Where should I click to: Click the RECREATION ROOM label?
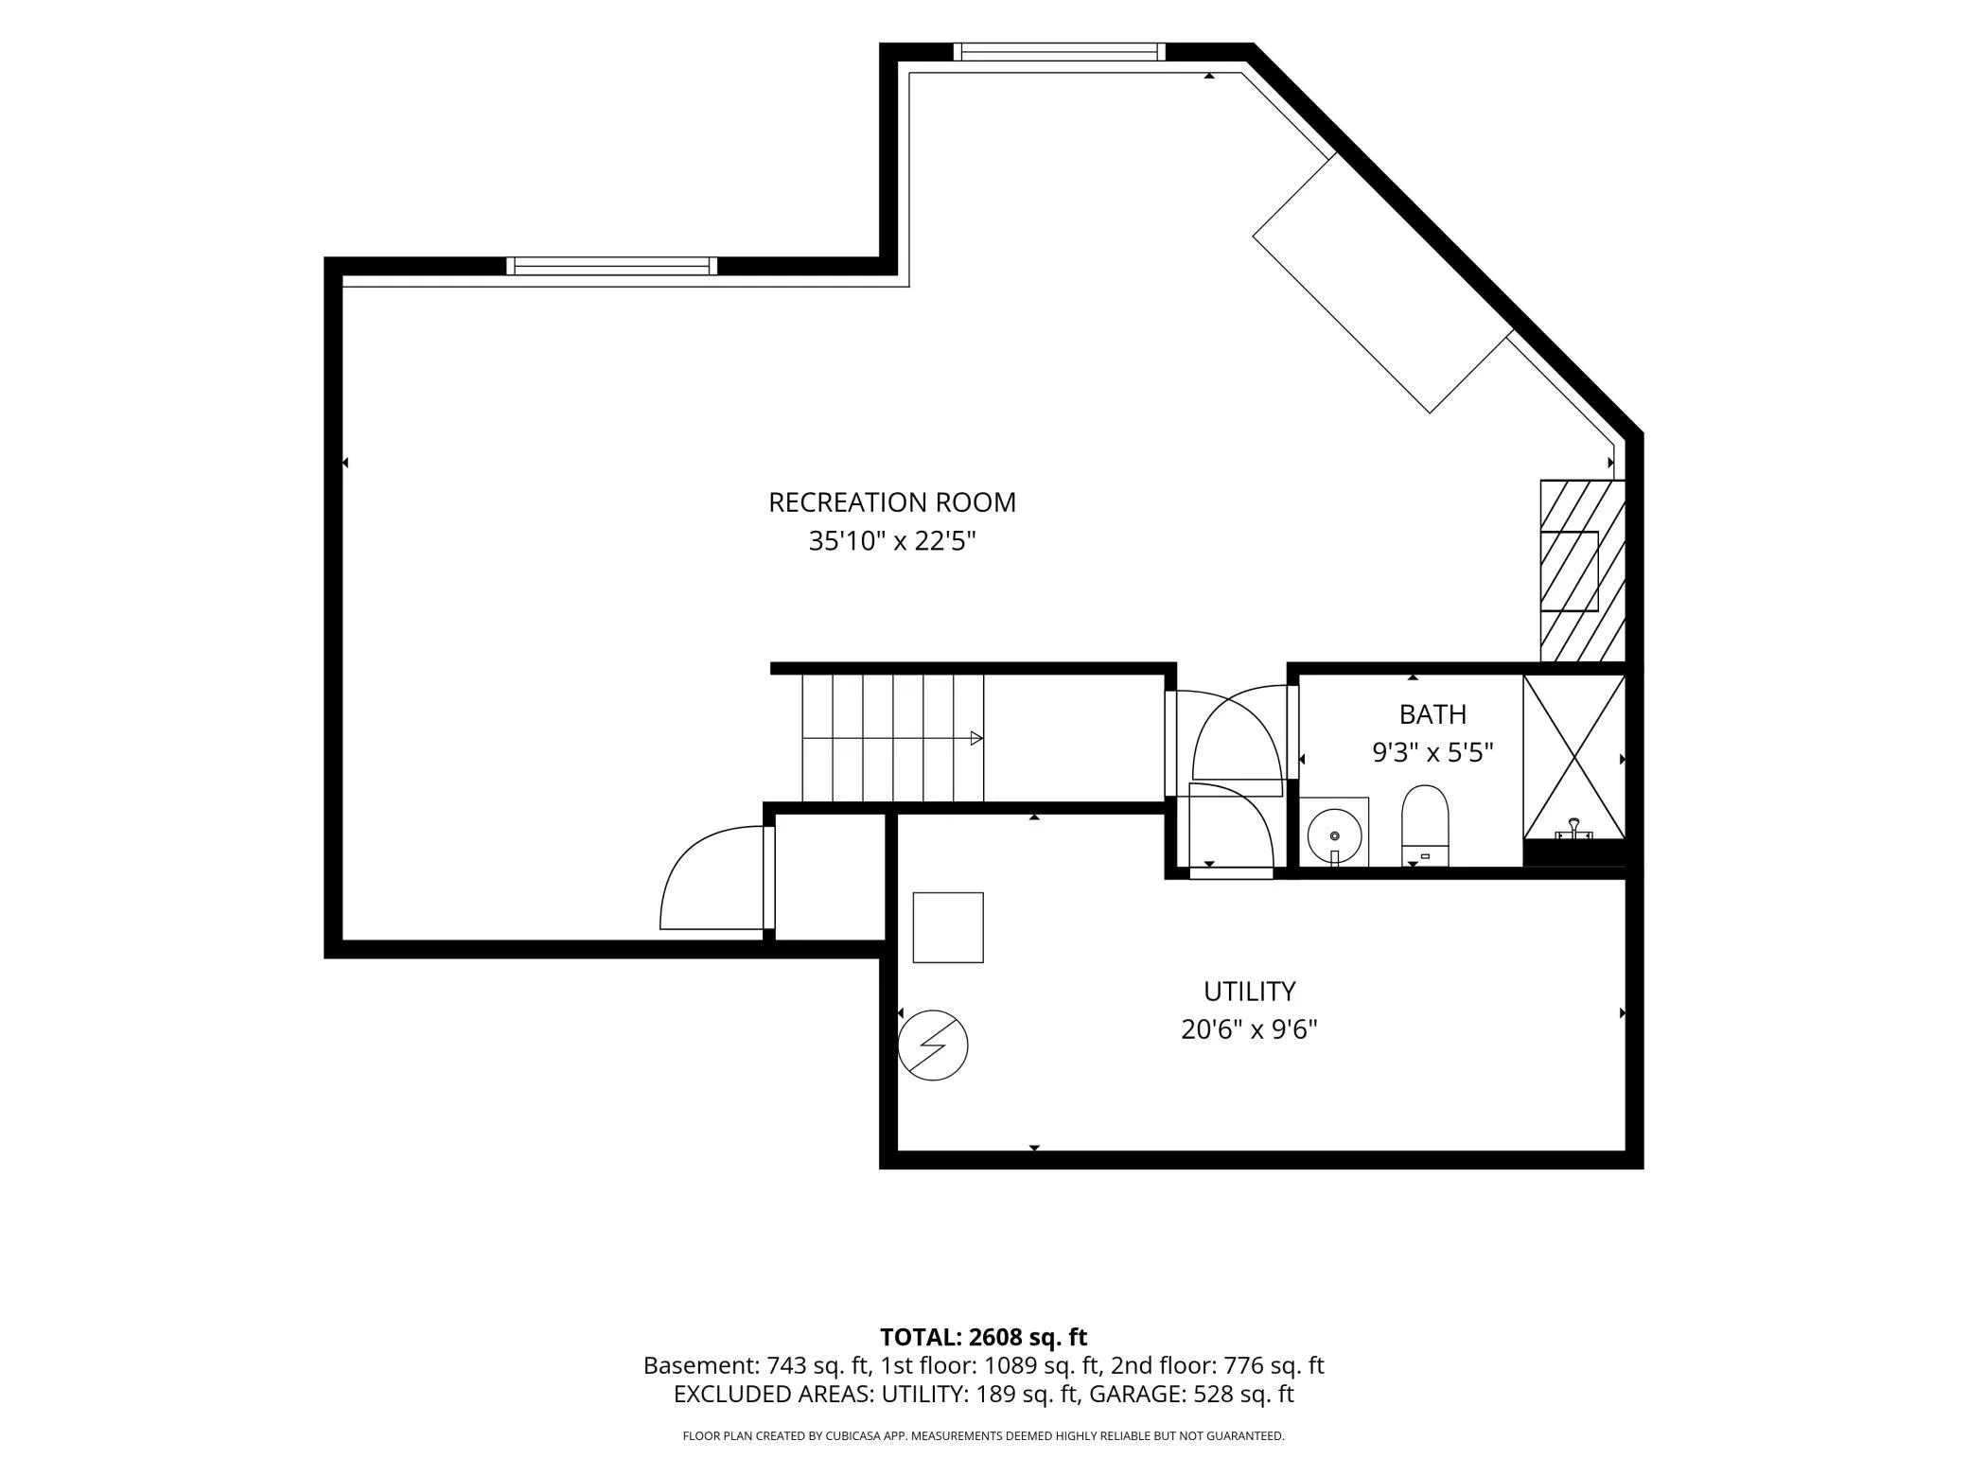pyautogui.click(x=891, y=502)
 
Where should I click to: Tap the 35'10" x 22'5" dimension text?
pyautogui.click(x=891, y=541)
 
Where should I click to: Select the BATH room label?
pyautogui.click(x=1432, y=713)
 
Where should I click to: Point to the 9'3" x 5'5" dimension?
pyautogui.click(x=1432, y=753)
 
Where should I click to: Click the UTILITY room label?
pyautogui.click(x=1249, y=991)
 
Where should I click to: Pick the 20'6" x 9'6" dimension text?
pyautogui.click(x=1249, y=1029)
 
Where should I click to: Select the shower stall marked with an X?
pyautogui.click(x=1573, y=757)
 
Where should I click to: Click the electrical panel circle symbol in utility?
pyautogui.click(x=933, y=1045)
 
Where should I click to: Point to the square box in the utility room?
pyautogui.click(x=948, y=927)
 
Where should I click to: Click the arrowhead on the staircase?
pyautogui.click(x=976, y=738)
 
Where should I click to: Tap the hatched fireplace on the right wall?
pyautogui.click(x=1582, y=571)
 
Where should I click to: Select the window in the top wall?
pyautogui.click(x=1059, y=52)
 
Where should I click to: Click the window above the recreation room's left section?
pyautogui.click(x=611, y=266)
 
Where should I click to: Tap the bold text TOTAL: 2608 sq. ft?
pyautogui.click(x=983, y=1337)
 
